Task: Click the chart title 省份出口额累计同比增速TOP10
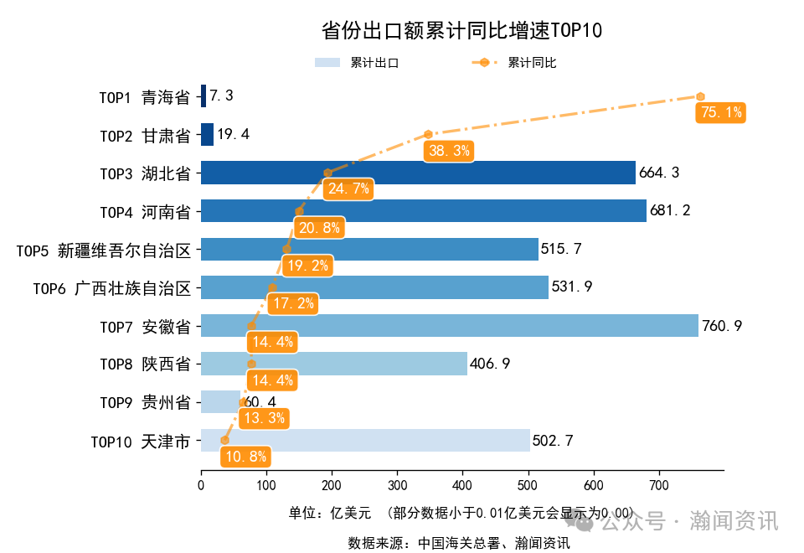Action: (461, 31)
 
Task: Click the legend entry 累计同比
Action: (516, 63)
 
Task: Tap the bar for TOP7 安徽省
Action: (449, 325)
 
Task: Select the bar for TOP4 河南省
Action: (423, 210)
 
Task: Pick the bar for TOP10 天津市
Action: (365, 441)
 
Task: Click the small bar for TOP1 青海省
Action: (204, 96)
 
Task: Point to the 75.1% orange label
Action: (720, 112)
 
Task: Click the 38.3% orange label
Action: (449, 151)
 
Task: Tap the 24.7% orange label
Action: (348, 189)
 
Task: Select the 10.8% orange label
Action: (246, 457)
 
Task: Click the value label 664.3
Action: (659, 173)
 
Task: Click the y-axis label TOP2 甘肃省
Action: (145, 135)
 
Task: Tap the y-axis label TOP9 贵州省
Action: (145, 402)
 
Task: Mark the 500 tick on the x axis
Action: (528, 485)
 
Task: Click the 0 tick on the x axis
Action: (201, 485)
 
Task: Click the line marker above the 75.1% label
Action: (699, 96)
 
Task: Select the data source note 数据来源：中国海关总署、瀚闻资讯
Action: (459, 543)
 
